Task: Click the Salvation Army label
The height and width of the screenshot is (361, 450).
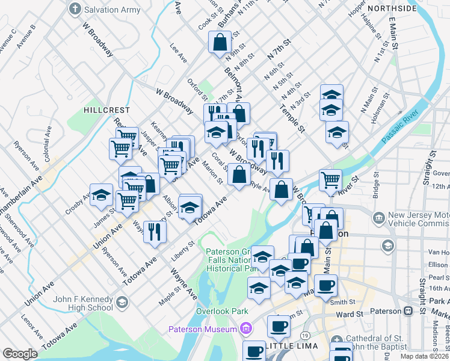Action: point(112,10)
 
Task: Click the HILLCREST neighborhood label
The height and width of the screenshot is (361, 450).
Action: point(106,110)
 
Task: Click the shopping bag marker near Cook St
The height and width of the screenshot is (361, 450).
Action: point(220,43)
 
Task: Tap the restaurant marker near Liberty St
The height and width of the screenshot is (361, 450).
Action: point(155,231)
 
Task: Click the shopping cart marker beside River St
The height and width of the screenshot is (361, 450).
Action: point(330,180)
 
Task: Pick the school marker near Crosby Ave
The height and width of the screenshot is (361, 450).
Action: point(102,195)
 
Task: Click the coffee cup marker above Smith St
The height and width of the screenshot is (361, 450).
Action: point(325,286)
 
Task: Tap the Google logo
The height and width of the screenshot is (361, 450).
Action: point(20,354)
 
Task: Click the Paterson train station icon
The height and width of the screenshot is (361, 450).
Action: point(408,312)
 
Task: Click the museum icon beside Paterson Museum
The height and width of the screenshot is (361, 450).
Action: point(245,329)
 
